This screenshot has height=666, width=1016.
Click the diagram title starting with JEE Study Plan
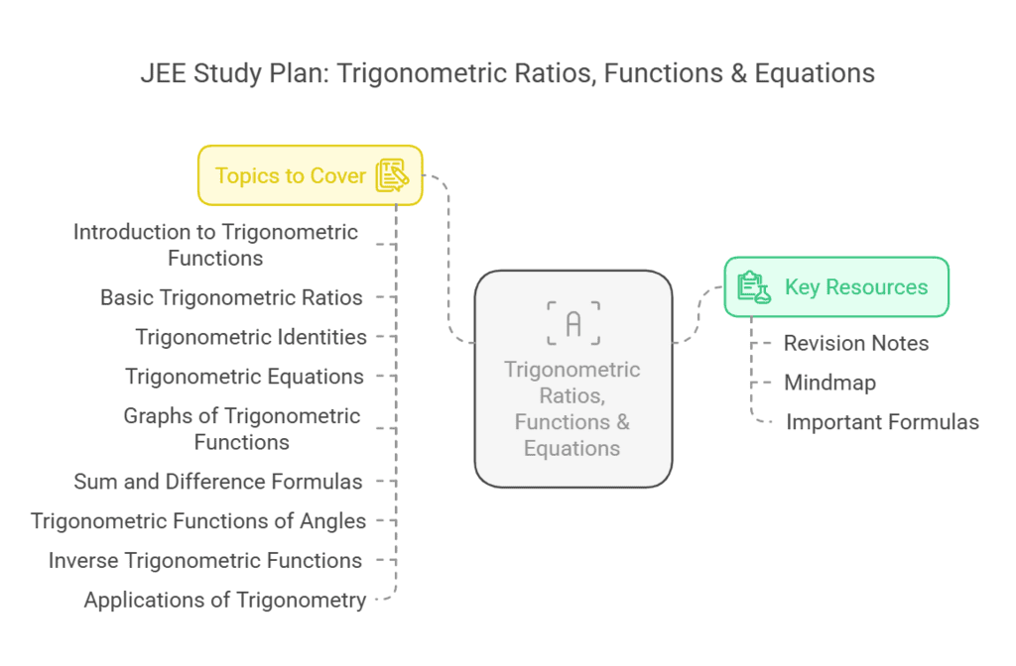tap(507, 73)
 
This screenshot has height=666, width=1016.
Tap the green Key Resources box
tap(835, 287)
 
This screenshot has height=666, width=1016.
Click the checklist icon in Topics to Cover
tap(392, 175)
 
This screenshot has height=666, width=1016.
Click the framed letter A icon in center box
tap(572, 323)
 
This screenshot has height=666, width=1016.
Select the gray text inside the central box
tap(572, 408)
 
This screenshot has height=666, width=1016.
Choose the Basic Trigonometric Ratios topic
tap(231, 297)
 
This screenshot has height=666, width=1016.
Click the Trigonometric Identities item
tap(251, 337)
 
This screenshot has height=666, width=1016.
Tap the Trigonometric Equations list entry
tap(244, 377)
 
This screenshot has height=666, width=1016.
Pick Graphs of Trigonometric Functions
tap(241, 429)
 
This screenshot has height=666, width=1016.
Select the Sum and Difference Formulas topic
tap(218, 482)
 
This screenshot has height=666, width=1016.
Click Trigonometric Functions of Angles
tap(198, 521)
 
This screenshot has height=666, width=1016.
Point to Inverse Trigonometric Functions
tap(205, 561)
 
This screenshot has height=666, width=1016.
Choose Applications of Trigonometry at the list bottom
tap(225, 601)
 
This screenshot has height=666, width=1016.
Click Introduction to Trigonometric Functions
tap(215, 245)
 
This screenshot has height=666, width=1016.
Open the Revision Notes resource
tap(856, 344)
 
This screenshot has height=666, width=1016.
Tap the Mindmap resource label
tap(829, 383)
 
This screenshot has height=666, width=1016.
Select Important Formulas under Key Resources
tap(882, 422)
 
